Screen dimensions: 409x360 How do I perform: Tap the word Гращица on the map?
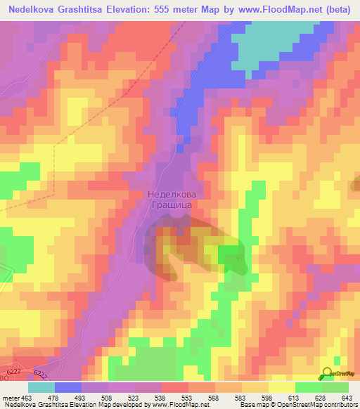pos(169,206)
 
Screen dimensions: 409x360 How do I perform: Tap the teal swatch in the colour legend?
pos(41,387)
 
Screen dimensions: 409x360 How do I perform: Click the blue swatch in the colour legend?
pos(68,387)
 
